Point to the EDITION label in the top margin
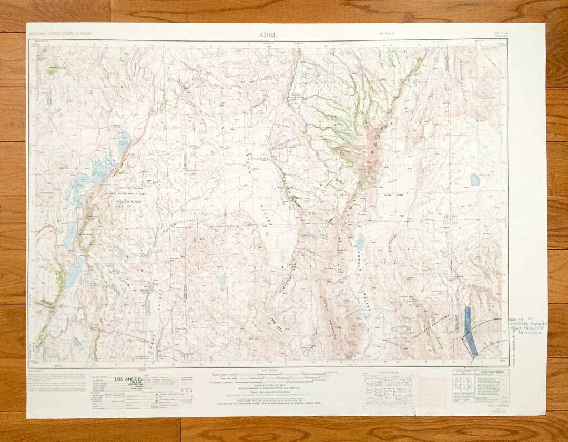coord(387,35)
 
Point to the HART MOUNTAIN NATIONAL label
coord(126,193)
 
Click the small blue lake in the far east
coord(474,179)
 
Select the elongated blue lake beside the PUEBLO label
coord(360,240)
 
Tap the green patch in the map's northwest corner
coord(53,68)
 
